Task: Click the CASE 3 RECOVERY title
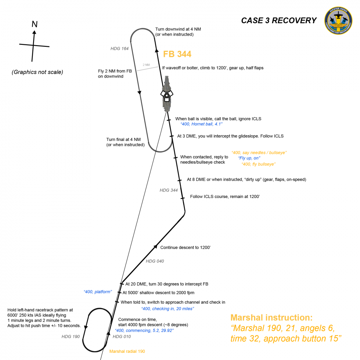(x=278, y=21)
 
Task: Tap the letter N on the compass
(x=34, y=24)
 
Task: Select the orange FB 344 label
(x=177, y=54)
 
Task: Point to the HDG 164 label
(x=120, y=48)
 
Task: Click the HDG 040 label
(x=155, y=261)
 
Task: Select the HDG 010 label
(x=122, y=336)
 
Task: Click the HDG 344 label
(x=168, y=190)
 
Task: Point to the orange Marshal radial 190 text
(x=127, y=351)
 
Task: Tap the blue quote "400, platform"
(x=98, y=292)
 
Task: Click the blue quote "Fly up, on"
(x=249, y=158)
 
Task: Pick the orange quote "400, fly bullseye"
(x=258, y=164)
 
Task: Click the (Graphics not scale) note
(x=37, y=72)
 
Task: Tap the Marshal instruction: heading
(x=271, y=318)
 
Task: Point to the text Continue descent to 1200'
(x=185, y=248)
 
